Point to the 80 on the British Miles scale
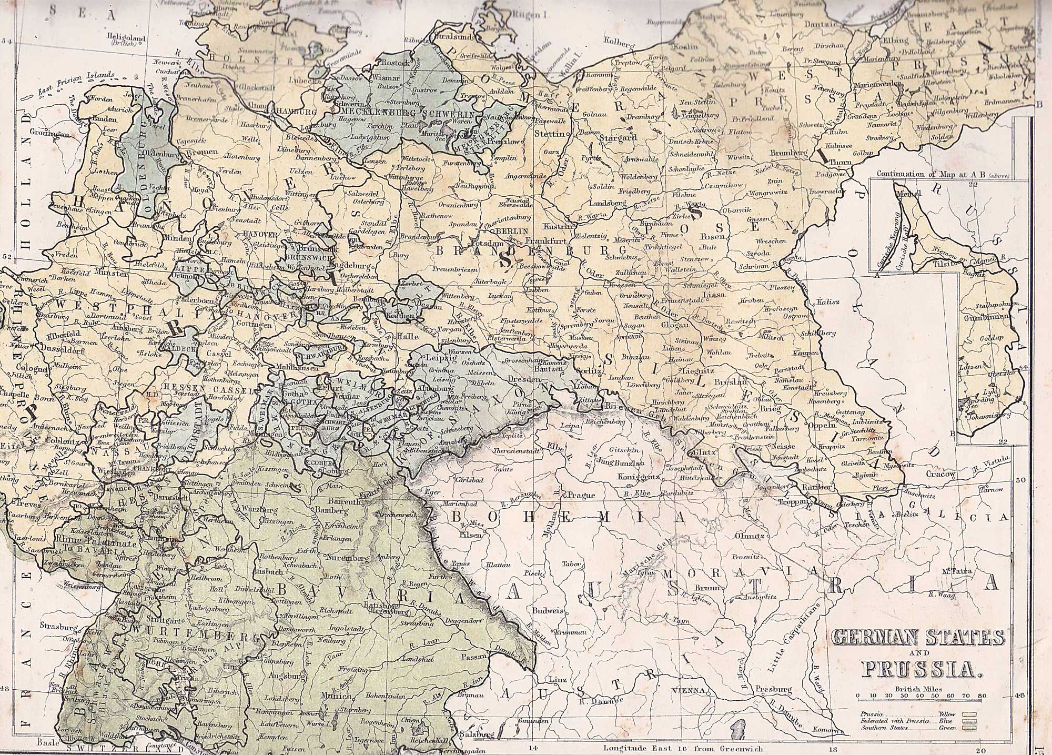(982, 696)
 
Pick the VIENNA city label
(686, 690)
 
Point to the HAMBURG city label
(296, 112)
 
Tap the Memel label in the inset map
(912, 194)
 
